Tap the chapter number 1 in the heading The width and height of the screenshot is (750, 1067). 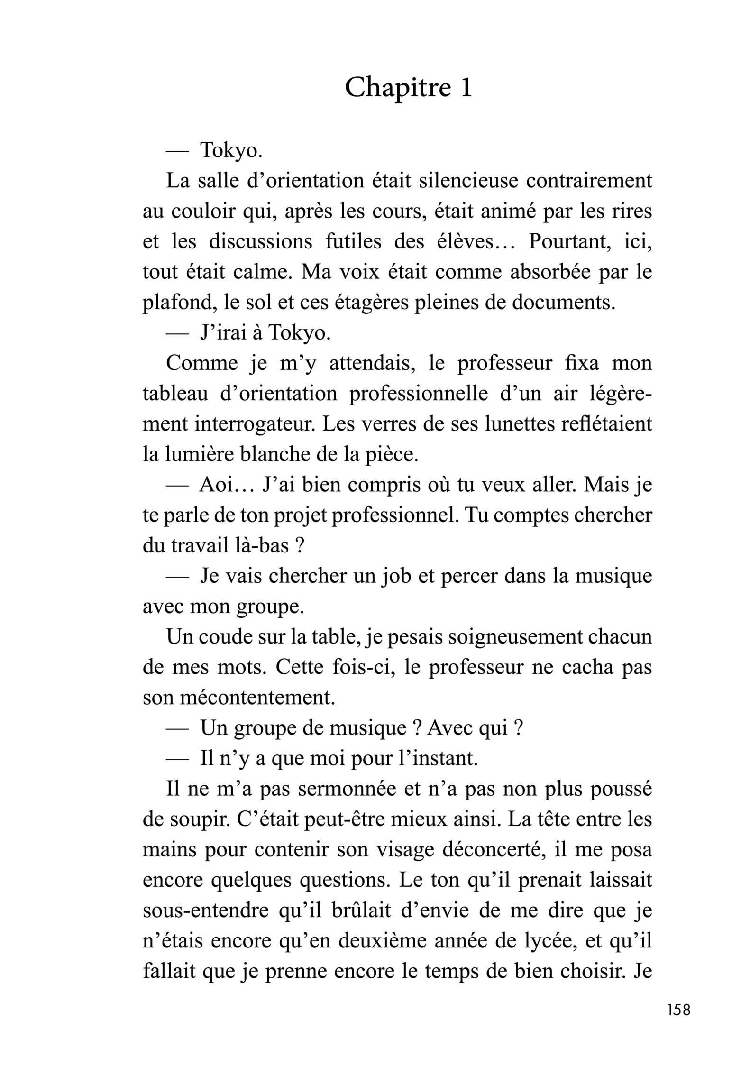tap(466, 88)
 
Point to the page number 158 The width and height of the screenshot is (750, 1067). tap(678, 1023)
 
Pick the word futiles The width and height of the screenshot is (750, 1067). tap(354, 242)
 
